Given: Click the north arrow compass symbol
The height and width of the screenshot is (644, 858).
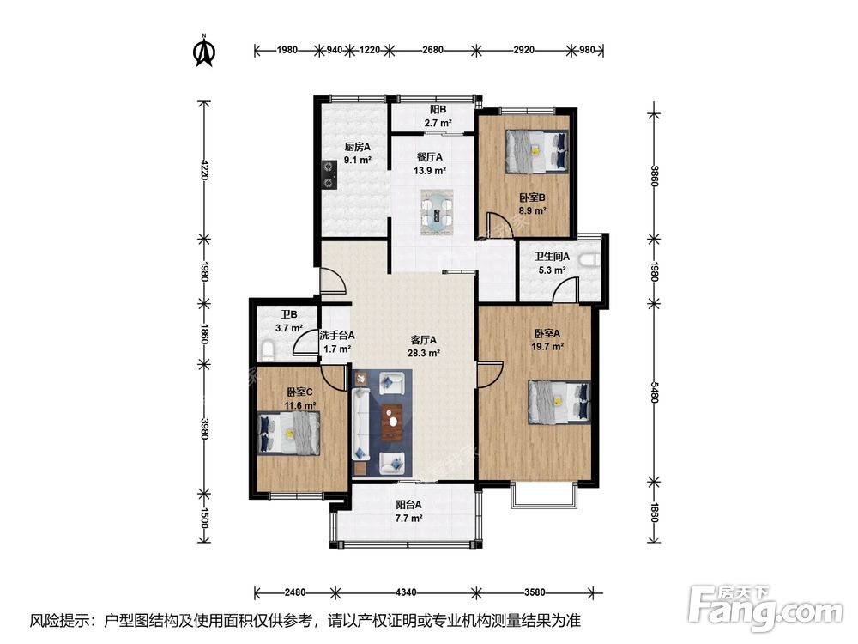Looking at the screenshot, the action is click(205, 51).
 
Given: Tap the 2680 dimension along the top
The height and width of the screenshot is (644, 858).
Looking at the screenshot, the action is click(432, 50).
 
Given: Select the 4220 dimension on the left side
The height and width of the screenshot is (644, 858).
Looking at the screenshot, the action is click(204, 170).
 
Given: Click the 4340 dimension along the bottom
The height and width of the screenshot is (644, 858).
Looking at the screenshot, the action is click(406, 592).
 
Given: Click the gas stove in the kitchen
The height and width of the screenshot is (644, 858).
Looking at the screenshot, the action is click(329, 174).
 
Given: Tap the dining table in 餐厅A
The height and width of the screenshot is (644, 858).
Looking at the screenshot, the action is click(437, 212).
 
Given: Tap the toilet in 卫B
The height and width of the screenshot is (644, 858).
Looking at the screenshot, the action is click(267, 351).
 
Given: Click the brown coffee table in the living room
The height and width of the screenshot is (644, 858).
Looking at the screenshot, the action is click(392, 422).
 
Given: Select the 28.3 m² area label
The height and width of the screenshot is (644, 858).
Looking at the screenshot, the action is click(424, 353).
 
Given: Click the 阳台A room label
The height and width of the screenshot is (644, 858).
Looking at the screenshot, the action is click(408, 505).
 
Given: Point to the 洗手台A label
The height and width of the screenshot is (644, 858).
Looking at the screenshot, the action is click(337, 335).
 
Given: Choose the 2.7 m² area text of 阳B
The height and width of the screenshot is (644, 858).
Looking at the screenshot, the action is click(438, 123).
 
